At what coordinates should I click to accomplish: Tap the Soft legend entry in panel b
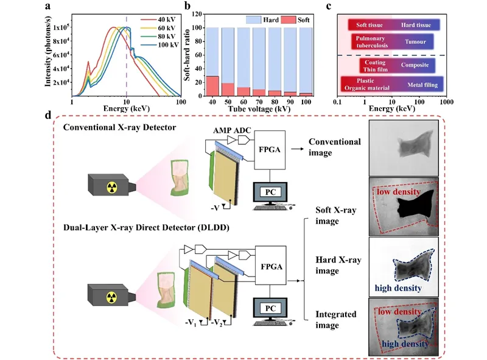[302, 20]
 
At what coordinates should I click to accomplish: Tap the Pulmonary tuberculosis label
[368, 42]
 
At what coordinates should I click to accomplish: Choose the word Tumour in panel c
[418, 42]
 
